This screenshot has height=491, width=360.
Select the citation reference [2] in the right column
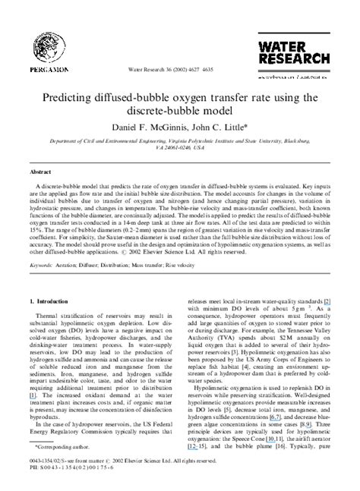click(x=327, y=302)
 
